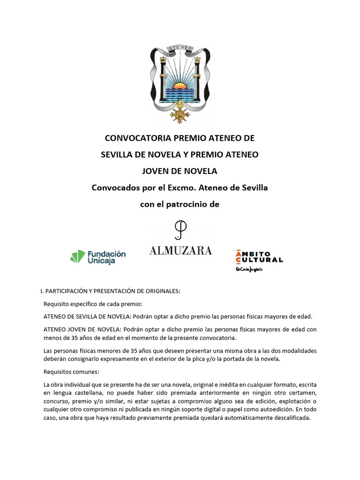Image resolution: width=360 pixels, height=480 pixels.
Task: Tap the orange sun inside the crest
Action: pos(180,87)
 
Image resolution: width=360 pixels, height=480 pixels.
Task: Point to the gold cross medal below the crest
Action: pos(179,114)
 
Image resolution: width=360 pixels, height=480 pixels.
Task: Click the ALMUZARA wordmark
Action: pos(180,251)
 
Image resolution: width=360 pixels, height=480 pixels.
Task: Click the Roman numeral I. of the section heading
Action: pos(43,291)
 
